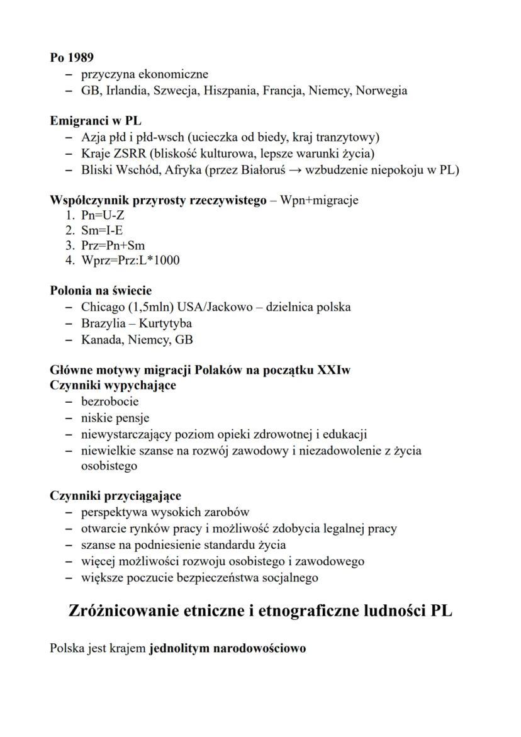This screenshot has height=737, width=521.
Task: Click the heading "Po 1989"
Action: click(72, 58)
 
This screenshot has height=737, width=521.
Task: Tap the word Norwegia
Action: click(381, 91)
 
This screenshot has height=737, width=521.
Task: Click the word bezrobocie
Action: click(110, 402)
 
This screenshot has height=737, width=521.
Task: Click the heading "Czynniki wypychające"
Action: click(113, 385)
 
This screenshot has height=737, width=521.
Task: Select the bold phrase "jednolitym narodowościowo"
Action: click(228, 648)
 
